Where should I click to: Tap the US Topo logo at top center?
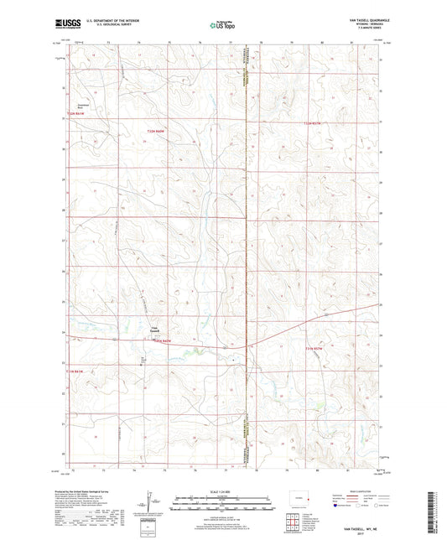click(x=222, y=26)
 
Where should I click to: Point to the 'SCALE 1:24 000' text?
click(x=223, y=491)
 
